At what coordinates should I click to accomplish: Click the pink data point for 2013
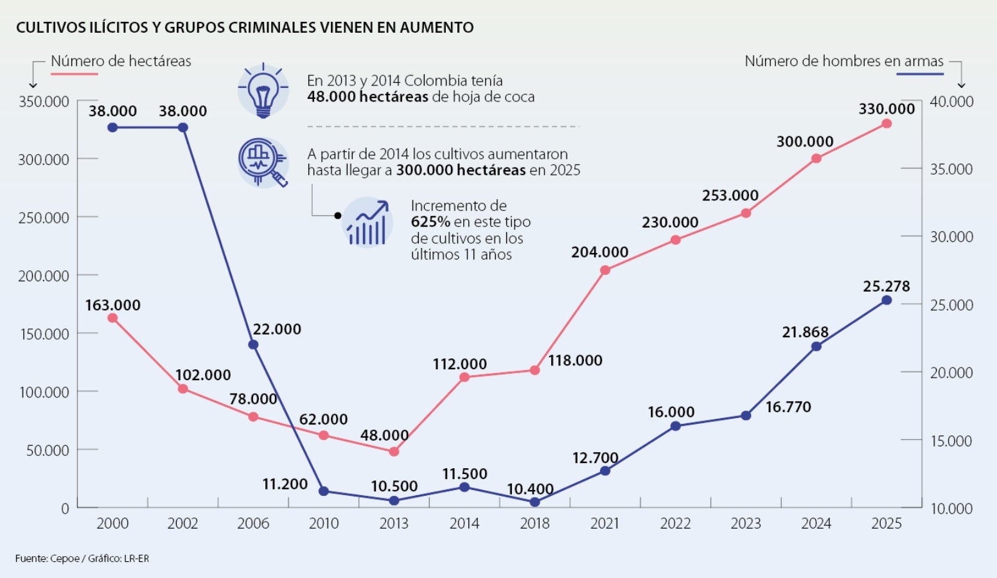coord(394,451)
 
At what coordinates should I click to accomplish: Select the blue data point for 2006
coord(253,345)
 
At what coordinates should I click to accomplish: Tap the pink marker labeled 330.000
coord(887,123)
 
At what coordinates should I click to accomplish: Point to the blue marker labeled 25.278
coord(887,300)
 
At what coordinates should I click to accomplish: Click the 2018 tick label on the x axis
coord(534,523)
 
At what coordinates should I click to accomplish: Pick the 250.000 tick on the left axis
coord(44,218)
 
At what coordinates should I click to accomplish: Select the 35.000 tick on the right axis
coord(951,170)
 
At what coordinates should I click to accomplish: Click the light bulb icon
coord(263,90)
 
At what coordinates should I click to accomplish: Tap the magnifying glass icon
coord(263,162)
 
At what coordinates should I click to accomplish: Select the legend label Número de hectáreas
coord(121,61)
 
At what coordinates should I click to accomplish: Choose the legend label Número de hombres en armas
coord(843,61)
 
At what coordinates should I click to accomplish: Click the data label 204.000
coord(599,252)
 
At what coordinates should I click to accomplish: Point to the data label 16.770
coord(788,407)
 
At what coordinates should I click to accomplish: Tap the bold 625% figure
coord(430,222)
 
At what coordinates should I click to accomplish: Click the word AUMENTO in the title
coord(436,27)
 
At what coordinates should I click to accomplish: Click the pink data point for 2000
coord(112,318)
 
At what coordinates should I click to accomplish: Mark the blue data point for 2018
coord(534,502)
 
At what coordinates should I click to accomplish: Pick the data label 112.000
coord(459,363)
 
